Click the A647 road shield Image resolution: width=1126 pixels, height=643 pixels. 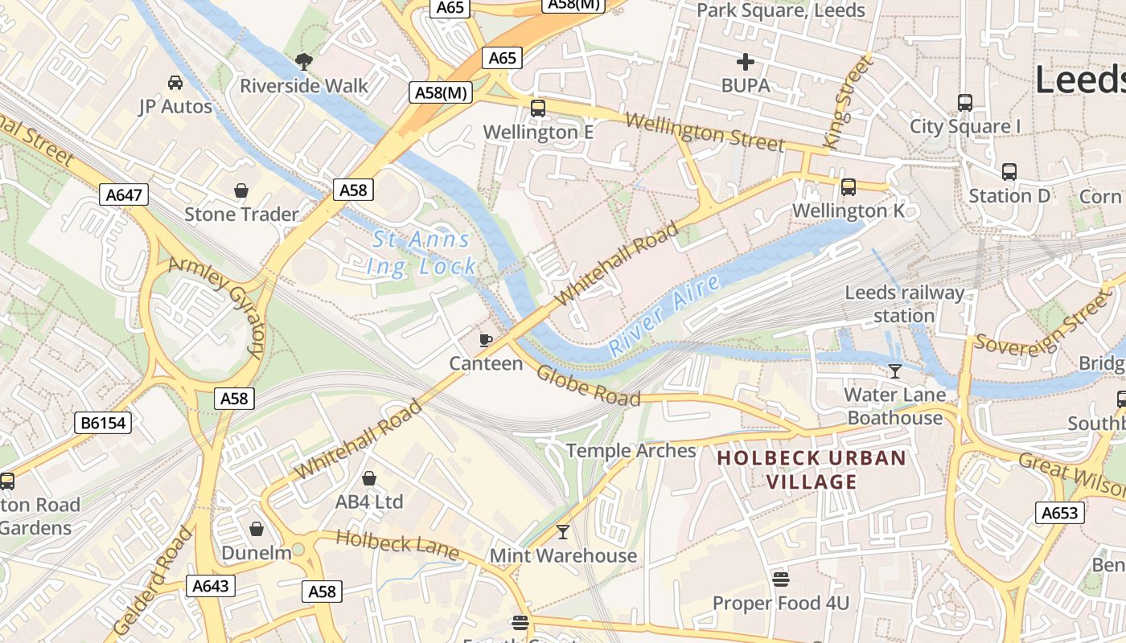[125, 194]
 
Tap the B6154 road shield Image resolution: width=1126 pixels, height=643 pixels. [103, 423]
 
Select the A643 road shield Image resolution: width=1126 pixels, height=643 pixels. [211, 586]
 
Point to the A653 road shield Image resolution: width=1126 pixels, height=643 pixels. [1059, 513]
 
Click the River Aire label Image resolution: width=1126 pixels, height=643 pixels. [664, 315]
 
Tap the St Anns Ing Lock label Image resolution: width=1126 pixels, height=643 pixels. [421, 252]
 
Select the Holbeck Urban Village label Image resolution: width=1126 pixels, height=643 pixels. [812, 470]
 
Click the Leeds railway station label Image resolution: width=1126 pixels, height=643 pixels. [904, 304]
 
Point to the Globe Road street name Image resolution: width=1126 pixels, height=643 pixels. [588, 386]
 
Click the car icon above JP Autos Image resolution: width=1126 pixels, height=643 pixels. [175, 82]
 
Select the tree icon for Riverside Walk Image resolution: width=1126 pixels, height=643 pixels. [304, 61]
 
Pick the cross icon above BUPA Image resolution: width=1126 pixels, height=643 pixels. [746, 61]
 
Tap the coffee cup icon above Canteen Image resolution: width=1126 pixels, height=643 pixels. [486, 340]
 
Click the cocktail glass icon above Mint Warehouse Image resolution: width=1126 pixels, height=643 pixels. [563, 532]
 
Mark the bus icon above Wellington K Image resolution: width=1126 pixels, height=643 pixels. [848, 187]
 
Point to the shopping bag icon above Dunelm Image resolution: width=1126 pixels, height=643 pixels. [256, 529]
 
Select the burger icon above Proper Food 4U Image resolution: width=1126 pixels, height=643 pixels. [780, 579]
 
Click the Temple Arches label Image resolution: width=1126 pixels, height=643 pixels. [631, 450]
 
